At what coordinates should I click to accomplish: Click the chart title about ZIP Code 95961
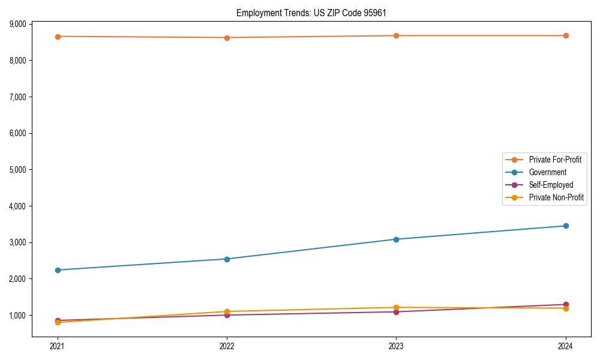pos(315,13)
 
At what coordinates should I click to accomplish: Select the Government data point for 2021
pos(58,270)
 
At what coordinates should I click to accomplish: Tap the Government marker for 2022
pos(227,259)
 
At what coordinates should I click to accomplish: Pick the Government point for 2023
pos(396,239)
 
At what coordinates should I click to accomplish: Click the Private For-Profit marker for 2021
pos(58,37)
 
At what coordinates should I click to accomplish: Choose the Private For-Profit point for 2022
pos(227,38)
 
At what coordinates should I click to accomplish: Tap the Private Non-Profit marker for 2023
pos(396,307)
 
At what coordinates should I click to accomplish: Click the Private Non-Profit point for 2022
pos(227,311)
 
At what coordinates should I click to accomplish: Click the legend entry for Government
pos(547,172)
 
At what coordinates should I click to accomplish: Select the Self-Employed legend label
pos(551,185)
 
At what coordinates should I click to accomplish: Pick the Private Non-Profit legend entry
pos(556,197)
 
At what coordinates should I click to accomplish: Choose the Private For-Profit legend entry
pos(555,160)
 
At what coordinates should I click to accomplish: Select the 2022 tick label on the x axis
pos(227,346)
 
